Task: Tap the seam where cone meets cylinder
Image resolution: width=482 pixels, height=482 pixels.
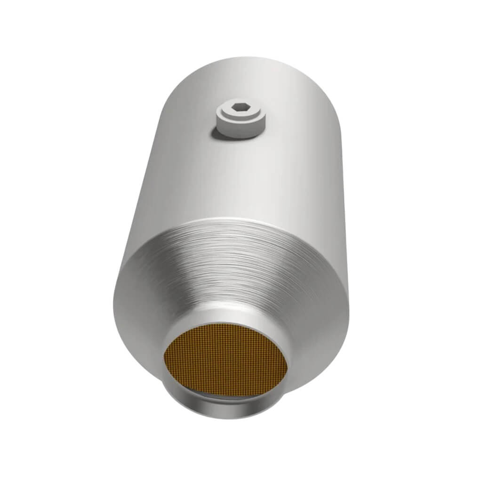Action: pyautogui.click(x=235, y=222)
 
